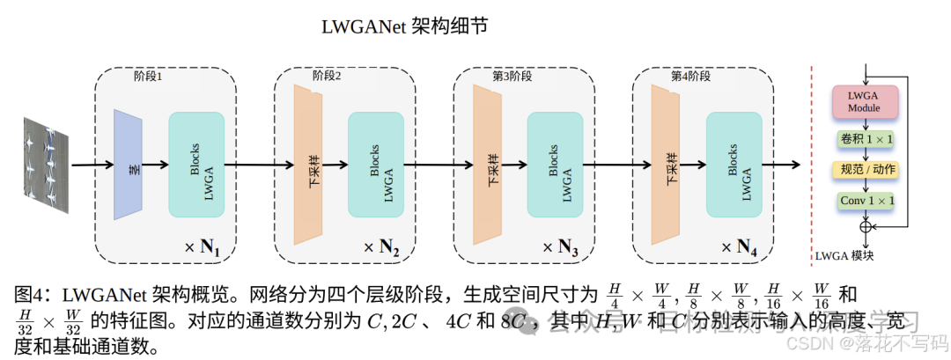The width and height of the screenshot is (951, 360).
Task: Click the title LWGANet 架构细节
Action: point(404,26)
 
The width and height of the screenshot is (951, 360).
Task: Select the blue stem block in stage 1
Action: point(128,164)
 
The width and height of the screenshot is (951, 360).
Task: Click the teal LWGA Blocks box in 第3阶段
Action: point(555,164)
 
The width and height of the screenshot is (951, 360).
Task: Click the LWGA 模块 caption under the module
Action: point(845,256)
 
